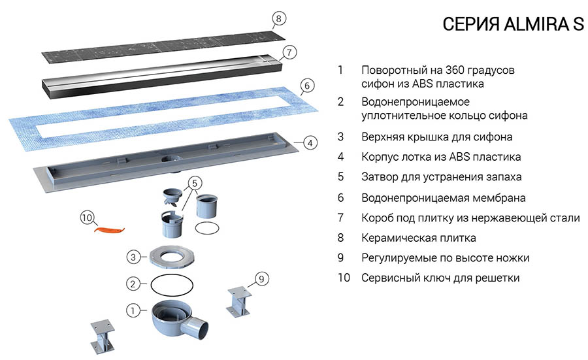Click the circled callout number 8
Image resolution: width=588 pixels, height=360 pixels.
tap(279, 18)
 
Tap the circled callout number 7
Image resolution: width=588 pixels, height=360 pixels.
tap(290, 52)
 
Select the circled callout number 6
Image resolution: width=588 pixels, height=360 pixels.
tap(308, 86)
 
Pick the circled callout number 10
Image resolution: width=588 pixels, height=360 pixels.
tap(87, 218)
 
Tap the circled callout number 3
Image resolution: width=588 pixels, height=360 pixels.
tap(133, 257)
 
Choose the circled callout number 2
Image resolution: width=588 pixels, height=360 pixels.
tap(133, 284)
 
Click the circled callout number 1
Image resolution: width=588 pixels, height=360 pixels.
tap(133, 311)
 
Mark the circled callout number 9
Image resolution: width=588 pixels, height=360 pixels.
tap(260, 279)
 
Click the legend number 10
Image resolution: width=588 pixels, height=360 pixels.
tap(344, 278)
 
